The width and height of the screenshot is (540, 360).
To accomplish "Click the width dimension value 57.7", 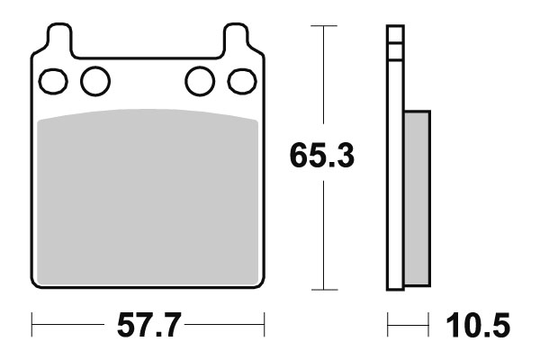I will pyautogui.click(x=148, y=322).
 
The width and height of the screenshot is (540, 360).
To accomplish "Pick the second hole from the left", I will pyautogui.click(x=94, y=81).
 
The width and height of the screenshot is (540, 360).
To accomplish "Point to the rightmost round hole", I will pyautogui.click(x=241, y=81).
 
